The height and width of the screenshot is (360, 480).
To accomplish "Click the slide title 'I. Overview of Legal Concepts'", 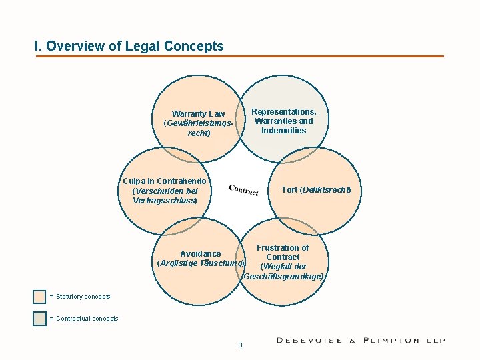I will click(129, 46).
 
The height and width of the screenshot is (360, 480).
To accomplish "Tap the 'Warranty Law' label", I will click(199, 114).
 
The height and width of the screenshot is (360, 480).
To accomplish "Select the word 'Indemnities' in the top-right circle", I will click(284, 131).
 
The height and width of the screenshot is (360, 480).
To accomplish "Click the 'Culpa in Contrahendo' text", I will click(165, 181).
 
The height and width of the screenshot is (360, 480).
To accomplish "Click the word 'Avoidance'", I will click(201, 254).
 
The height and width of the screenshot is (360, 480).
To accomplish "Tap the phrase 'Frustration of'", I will click(283, 248).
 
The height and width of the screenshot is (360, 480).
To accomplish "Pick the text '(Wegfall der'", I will click(283, 267).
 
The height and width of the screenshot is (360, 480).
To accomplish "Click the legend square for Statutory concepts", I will click(40, 297).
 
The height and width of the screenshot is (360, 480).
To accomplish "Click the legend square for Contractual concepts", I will click(40, 319).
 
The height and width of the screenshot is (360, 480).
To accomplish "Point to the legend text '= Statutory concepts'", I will click(80, 297).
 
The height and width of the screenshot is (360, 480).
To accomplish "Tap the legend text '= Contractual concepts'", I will click(84, 319).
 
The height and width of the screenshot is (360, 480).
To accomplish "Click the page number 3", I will click(240, 345).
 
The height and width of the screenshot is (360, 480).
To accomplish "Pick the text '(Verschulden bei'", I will click(165, 191).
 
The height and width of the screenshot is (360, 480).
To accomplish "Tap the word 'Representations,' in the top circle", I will click(284, 112).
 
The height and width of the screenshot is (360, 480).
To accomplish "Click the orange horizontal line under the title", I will click(240, 56).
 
